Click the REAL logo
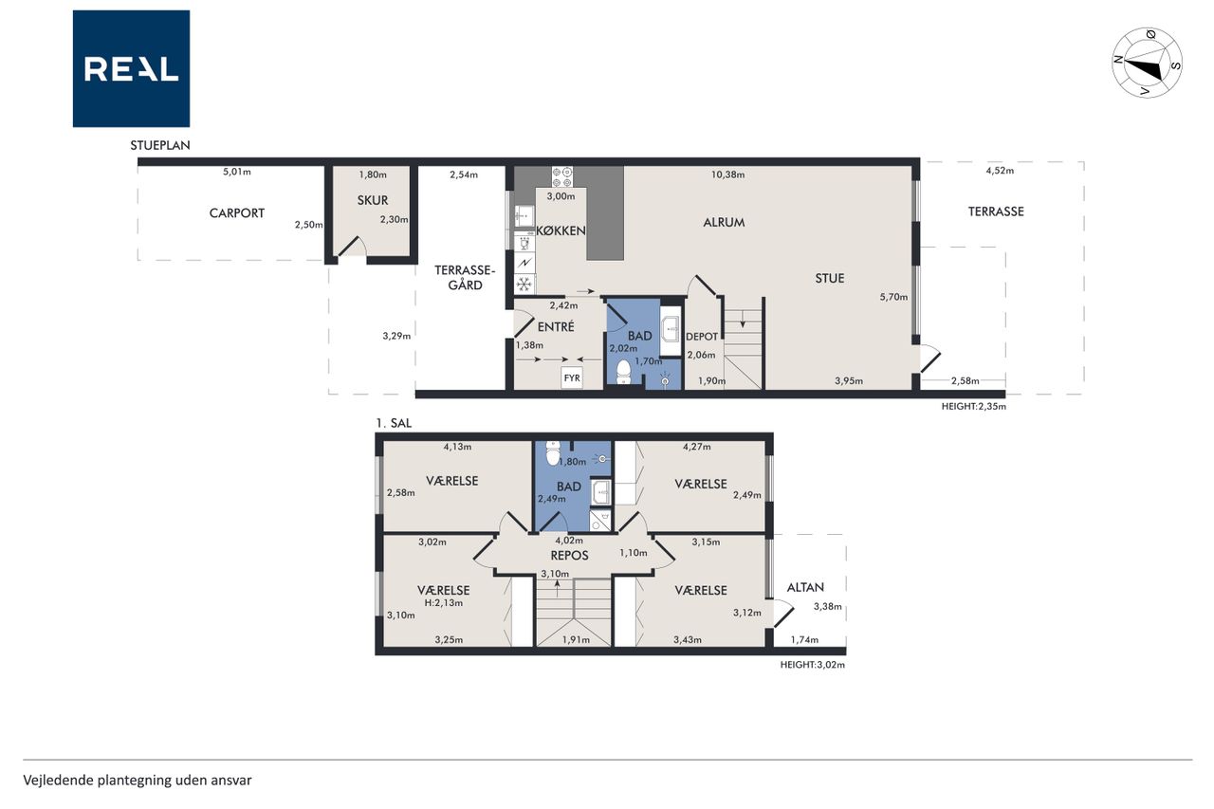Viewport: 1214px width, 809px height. pos(131,68)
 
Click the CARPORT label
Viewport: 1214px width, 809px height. pos(237,213)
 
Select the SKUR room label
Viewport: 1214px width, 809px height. pos(373,200)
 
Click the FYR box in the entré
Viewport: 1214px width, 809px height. pos(572,377)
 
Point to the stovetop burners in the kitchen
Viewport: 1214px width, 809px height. pos(562,176)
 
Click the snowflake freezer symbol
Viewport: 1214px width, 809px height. pos(524,284)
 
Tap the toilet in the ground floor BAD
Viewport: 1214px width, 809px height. pos(624,372)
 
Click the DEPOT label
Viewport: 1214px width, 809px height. pos(702,337)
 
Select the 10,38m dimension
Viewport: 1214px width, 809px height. pos(727,175)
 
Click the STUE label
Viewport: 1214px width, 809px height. pos(830,279)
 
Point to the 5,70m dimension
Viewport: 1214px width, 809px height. pos(893,297)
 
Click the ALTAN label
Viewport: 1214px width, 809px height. pos(805,587)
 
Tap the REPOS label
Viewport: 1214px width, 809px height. pos(569,556)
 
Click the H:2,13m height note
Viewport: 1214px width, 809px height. pos(443,602)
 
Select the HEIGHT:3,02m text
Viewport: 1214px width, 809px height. pos(813,665)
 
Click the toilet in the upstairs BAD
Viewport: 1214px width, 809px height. pos(553,453)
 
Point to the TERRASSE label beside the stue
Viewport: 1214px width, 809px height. pos(996,211)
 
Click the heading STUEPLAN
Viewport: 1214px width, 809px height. pos(160,145)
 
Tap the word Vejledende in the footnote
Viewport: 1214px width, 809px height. pos(58,781)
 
